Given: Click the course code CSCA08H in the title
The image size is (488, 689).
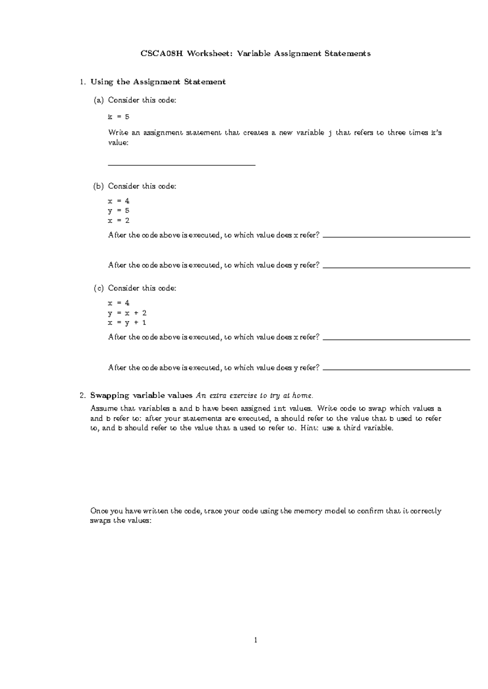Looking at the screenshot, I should [x=161, y=54].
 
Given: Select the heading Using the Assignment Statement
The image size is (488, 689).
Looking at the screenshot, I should [x=158, y=82].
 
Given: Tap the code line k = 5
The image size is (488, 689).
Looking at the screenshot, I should [x=118, y=117].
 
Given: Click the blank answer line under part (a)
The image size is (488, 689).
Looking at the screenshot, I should [x=181, y=165].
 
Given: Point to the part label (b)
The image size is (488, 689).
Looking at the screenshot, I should [x=98, y=186].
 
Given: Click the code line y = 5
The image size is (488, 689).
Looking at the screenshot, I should [x=118, y=211].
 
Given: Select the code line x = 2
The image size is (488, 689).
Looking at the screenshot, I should [x=118, y=221].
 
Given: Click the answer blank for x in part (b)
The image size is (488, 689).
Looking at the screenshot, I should [x=396, y=236].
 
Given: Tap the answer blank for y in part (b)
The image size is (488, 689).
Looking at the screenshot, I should [x=396, y=266].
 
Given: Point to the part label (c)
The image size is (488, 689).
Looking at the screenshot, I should [x=98, y=288].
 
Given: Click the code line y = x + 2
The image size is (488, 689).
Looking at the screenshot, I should [x=127, y=313].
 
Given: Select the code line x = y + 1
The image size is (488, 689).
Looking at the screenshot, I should [x=127, y=323].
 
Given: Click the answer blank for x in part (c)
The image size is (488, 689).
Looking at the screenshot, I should [x=396, y=338].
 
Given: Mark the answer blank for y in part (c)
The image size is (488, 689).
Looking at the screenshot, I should [x=396, y=369].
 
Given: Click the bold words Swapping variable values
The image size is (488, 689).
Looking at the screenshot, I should [x=141, y=395].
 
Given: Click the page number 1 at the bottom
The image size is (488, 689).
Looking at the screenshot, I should [x=255, y=641].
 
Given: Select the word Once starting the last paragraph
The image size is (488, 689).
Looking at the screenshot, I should [x=98, y=511].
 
